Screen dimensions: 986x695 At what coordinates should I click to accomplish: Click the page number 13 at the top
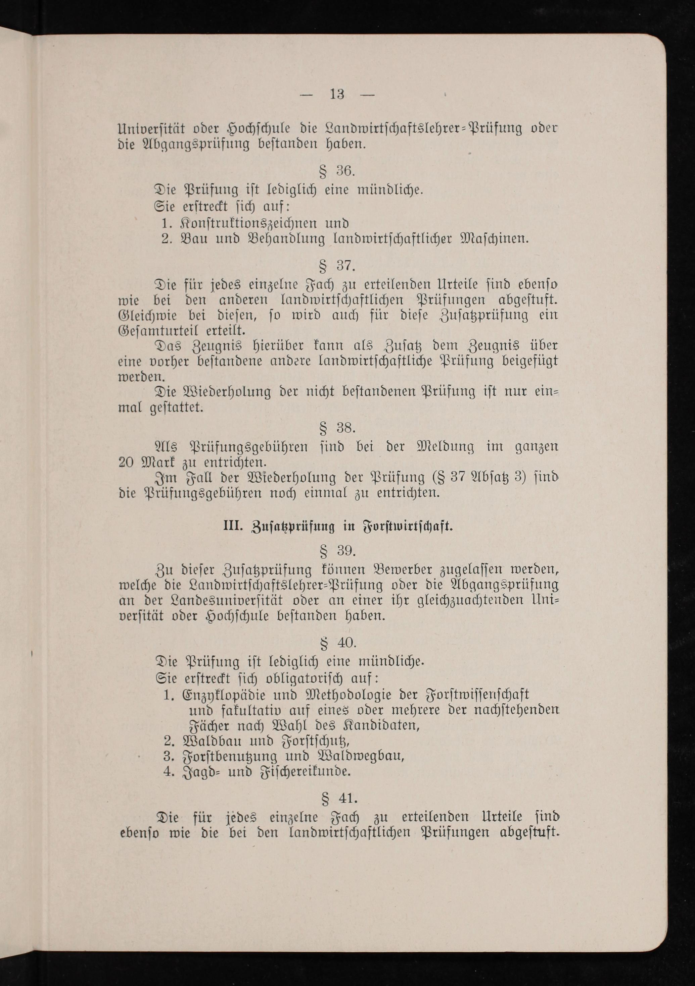tap(337, 94)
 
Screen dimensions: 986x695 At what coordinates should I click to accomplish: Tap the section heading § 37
tap(337, 266)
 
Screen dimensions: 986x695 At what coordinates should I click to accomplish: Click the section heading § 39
tap(337, 551)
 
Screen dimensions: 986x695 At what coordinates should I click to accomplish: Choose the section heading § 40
tap(338, 643)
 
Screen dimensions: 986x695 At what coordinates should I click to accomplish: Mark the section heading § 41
tap(339, 798)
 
